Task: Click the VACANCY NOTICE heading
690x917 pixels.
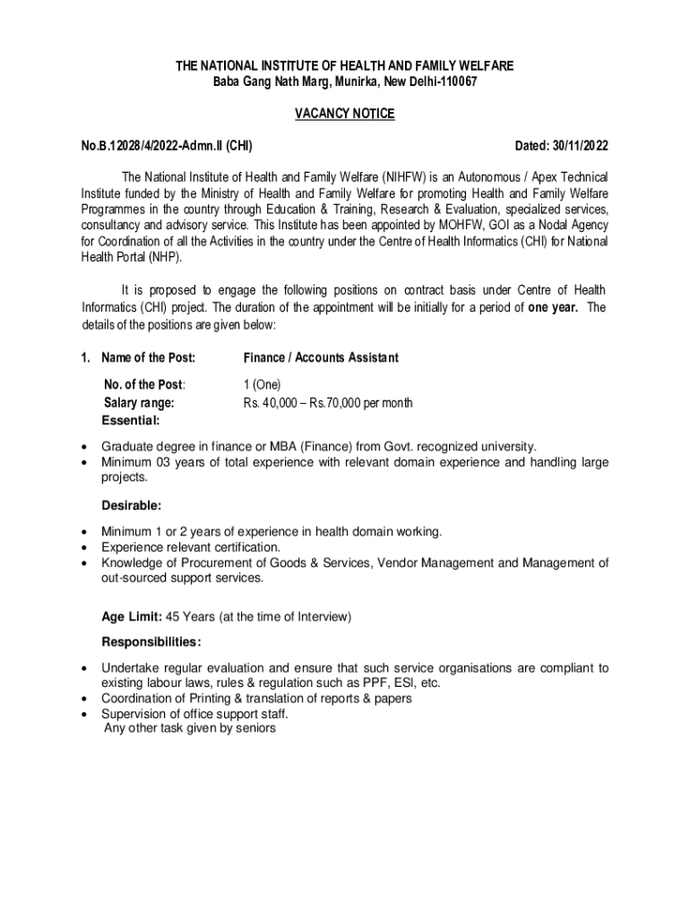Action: pyautogui.click(x=345, y=114)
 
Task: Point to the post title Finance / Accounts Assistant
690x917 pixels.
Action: pyautogui.click(x=321, y=358)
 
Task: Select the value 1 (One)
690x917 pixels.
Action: pyautogui.click(x=263, y=385)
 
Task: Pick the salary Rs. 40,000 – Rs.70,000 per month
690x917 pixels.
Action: pyautogui.click(x=328, y=403)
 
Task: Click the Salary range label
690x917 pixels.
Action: pyautogui.click(x=139, y=403)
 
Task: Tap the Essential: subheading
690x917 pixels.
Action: pyautogui.click(x=132, y=420)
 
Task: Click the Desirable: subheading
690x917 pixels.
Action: pyautogui.click(x=131, y=506)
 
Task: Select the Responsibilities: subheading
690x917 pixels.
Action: pyautogui.click(x=151, y=642)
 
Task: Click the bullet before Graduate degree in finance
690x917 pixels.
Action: pyautogui.click(x=84, y=446)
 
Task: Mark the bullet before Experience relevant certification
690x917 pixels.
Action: pyautogui.click(x=84, y=547)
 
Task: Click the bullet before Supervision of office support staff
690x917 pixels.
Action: pyautogui.click(x=84, y=715)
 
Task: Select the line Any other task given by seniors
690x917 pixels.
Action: pyautogui.click(x=190, y=729)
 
